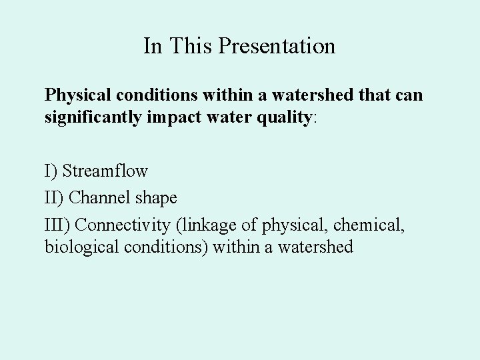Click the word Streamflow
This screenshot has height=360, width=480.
click(x=105, y=171)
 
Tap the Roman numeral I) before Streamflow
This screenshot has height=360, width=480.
click(x=51, y=171)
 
